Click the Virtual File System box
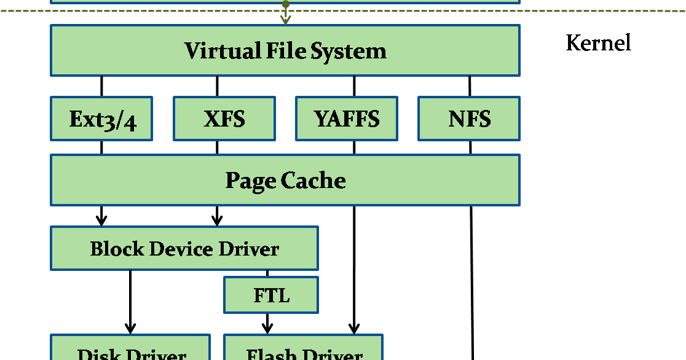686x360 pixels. pyautogui.click(x=285, y=50)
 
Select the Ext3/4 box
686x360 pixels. pyautogui.click(x=101, y=119)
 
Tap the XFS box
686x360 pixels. pyautogui.click(x=224, y=119)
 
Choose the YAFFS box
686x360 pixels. pyautogui.click(x=347, y=119)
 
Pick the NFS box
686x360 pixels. pyautogui.click(x=469, y=119)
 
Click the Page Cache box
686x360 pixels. pyautogui.click(x=285, y=180)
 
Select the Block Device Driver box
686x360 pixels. pyautogui.click(x=184, y=248)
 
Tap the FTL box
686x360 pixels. pyautogui.click(x=271, y=295)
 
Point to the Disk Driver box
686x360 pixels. pyautogui.click(x=130, y=350)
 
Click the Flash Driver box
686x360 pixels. pyautogui.click(x=303, y=350)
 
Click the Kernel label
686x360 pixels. pyautogui.click(x=598, y=43)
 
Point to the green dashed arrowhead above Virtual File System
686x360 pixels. pyautogui.click(x=285, y=20)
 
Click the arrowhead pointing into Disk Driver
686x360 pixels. pyautogui.click(x=130, y=328)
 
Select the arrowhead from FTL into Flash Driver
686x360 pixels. pyautogui.click(x=267, y=328)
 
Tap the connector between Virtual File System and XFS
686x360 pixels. pyautogui.click(x=217, y=86)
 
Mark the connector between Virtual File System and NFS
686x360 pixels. pyautogui.click(x=470, y=86)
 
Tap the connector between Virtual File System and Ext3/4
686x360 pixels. pyautogui.click(x=101, y=86)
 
